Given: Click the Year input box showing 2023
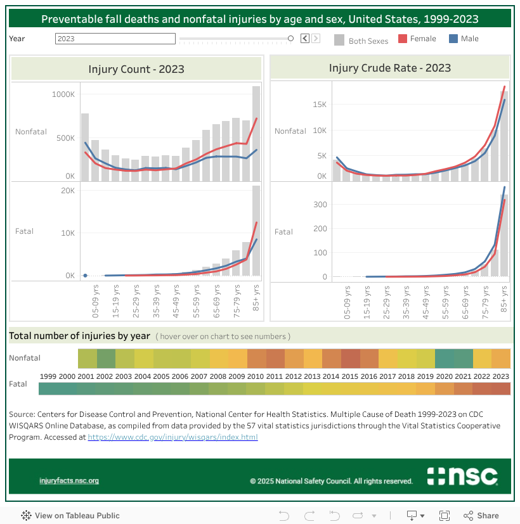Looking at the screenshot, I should tap(115, 39).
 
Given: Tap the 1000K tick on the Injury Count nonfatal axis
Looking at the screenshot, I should tap(63, 94).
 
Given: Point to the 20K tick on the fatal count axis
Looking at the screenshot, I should tap(67, 191).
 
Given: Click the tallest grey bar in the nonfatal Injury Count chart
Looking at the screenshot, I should tap(256, 134).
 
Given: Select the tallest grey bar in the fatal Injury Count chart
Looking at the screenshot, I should tap(256, 231).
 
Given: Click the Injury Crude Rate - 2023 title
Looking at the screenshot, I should tap(389, 68).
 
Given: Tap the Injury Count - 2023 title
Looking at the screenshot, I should tap(136, 69).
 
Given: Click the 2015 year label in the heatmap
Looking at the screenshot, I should tap(351, 376).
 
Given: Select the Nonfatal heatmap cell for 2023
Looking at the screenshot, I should tap(501, 359).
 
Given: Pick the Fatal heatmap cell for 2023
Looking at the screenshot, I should tap(501, 389).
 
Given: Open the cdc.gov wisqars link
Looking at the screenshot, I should tap(172, 437).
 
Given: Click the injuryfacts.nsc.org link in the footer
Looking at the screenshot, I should tap(69, 481).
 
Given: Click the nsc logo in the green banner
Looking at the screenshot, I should tap(462, 476).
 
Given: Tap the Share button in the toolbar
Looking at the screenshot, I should tap(481, 516).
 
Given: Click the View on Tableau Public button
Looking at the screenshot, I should tap(70, 516).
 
